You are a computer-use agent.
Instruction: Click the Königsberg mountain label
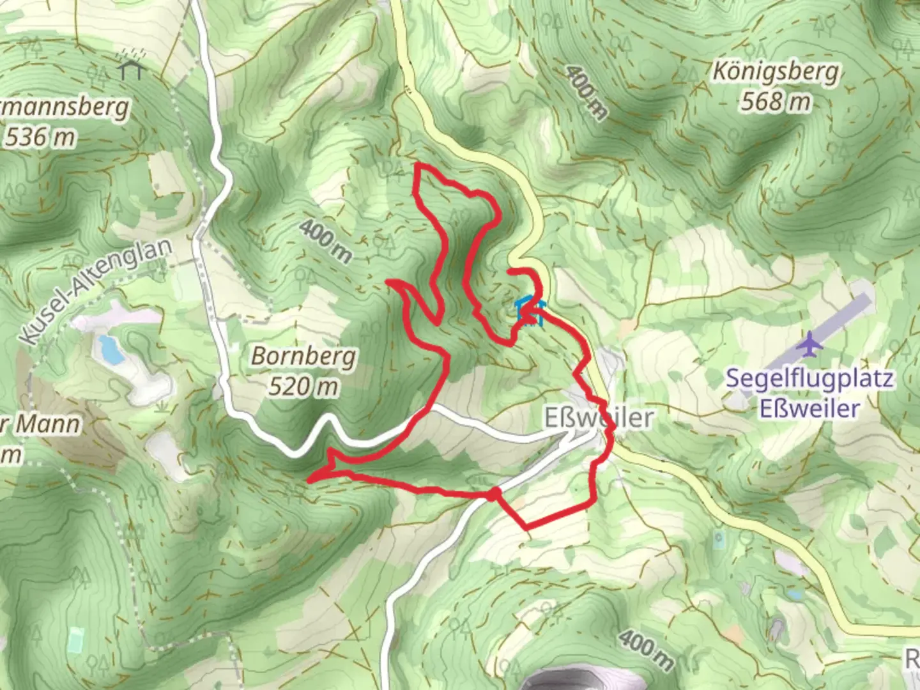[776, 71]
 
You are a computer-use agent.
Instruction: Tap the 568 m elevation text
[776, 101]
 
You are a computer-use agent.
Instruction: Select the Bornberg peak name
[303, 356]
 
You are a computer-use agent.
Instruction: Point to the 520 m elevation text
[303, 386]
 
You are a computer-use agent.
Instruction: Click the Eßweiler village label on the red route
[599, 418]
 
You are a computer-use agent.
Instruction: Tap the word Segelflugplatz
[809, 378]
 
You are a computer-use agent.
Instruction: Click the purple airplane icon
[811, 344]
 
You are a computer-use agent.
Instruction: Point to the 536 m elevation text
[40, 137]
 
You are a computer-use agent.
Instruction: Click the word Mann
[48, 424]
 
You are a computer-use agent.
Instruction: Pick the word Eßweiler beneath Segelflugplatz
[809, 408]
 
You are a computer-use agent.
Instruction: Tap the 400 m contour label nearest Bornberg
[325, 241]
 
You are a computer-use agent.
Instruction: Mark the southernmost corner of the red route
[525, 528]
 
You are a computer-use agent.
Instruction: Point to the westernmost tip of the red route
[309, 479]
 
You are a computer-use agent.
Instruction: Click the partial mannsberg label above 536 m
[64, 107]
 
